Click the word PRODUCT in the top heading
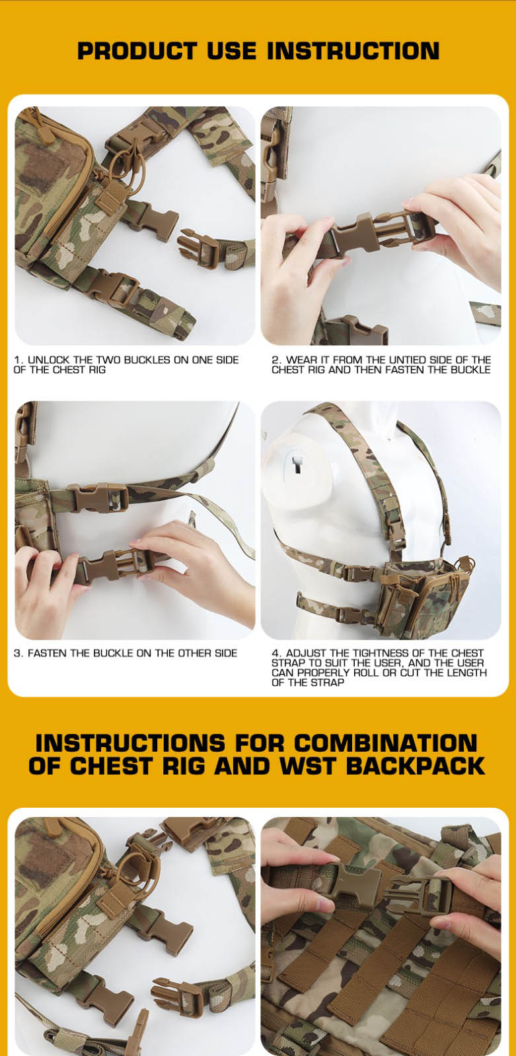(x=137, y=51)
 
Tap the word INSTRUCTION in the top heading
(x=353, y=51)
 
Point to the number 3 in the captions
(x=17, y=653)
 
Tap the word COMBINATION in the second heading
(x=385, y=743)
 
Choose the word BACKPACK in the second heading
(x=416, y=766)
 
